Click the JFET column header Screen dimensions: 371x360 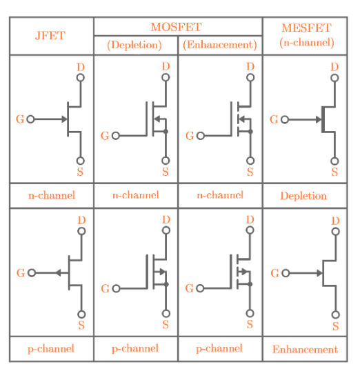coord(50,35)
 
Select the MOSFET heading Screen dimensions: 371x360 coord(177,27)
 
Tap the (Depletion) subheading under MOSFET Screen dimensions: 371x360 coord(134,45)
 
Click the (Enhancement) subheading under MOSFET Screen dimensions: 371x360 coord(220,45)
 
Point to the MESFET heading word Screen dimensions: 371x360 coord(306,28)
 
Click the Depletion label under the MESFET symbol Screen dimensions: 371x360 coord(303,196)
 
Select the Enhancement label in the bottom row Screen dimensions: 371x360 coord(305,350)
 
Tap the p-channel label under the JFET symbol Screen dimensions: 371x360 coord(51,349)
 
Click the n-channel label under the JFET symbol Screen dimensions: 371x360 coord(51,195)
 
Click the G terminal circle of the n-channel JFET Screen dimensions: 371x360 coord(30,119)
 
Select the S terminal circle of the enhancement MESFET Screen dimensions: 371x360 coord(335,314)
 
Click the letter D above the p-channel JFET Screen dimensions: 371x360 coord(81,220)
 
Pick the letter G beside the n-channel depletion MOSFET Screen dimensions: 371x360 coord(105,136)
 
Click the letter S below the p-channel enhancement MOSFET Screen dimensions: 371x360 coord(250,325)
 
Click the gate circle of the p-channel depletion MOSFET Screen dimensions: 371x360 coord(116,289)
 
